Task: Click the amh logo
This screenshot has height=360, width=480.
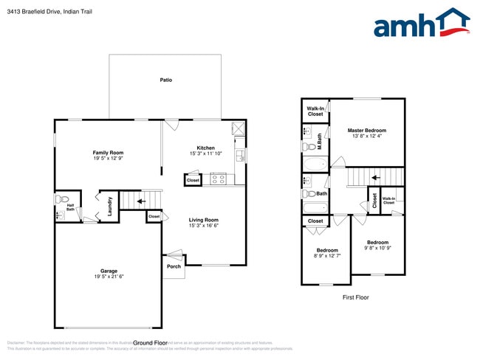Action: (x=421, y=24)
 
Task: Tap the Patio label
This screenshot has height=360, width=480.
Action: (x=166, y=80)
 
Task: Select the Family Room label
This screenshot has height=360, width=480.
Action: (x=108, y=153)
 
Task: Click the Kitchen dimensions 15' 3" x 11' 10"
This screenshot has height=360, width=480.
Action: (x=206, y=153)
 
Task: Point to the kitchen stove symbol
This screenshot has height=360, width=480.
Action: (x=219, y=178)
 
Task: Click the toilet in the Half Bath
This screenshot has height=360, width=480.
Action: (x=64, y=199)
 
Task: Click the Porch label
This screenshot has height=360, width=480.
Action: (x=174, y=266)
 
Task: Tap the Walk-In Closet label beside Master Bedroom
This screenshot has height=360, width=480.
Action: (x=315, y=111)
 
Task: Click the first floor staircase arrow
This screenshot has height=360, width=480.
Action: (x=375, y=177)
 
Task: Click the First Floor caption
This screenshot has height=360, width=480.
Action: (x=355, y=297)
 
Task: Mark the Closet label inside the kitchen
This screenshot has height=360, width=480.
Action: (x=193, y=180)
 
